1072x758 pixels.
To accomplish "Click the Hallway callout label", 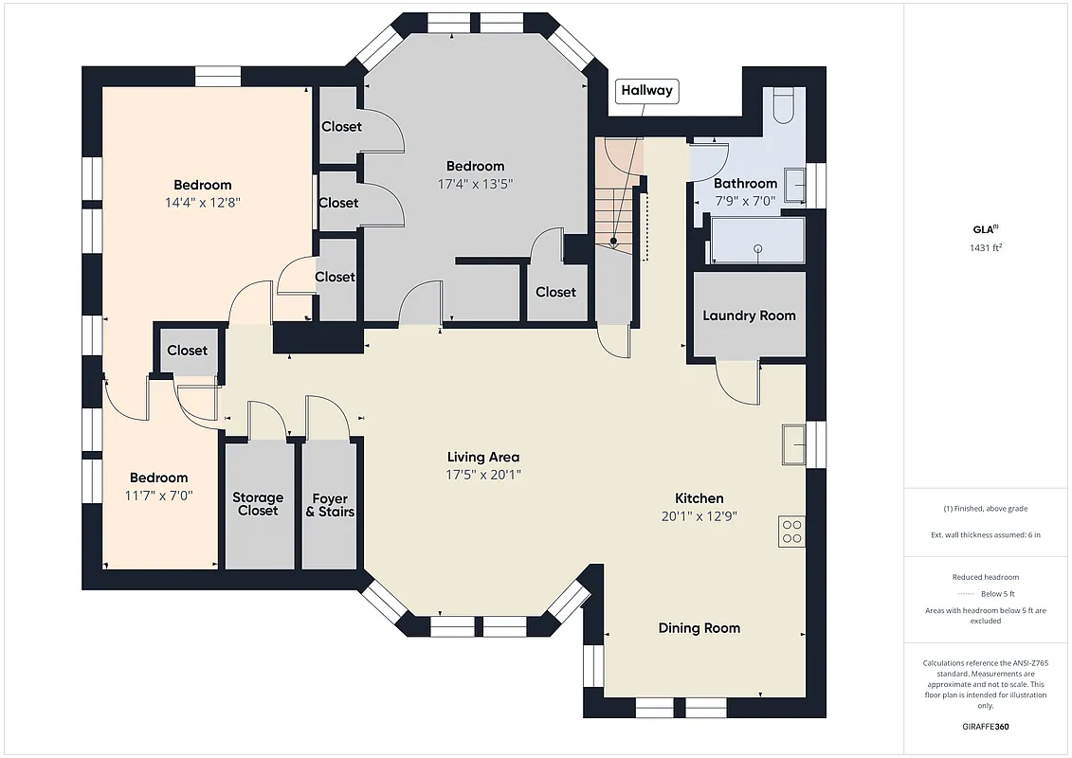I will point(647,91).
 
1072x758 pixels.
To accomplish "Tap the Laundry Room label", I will point(749,316).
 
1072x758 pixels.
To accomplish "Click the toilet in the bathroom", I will point(783,105).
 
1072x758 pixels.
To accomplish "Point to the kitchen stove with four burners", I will point(791,532).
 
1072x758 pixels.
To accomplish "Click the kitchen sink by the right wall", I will point(793,444).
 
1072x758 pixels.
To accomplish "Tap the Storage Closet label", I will point(258,504).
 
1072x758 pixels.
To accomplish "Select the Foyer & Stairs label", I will point(330,505).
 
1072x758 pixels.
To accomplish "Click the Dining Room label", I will point(700,627).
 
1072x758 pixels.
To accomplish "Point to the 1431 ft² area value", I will point(987,247).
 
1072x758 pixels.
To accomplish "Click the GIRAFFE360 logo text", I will point(987,727).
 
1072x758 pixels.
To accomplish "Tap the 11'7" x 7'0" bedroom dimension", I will point(158,495).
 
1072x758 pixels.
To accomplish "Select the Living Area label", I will point(483,457).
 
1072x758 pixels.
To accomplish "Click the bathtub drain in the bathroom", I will point(758,248).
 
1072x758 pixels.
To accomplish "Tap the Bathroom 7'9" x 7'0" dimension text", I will point(745,201).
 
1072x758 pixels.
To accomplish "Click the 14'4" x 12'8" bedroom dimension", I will point(202,202).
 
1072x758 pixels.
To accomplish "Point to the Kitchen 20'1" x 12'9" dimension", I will point(700,516).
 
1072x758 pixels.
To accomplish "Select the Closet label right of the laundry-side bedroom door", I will point(555,292).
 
